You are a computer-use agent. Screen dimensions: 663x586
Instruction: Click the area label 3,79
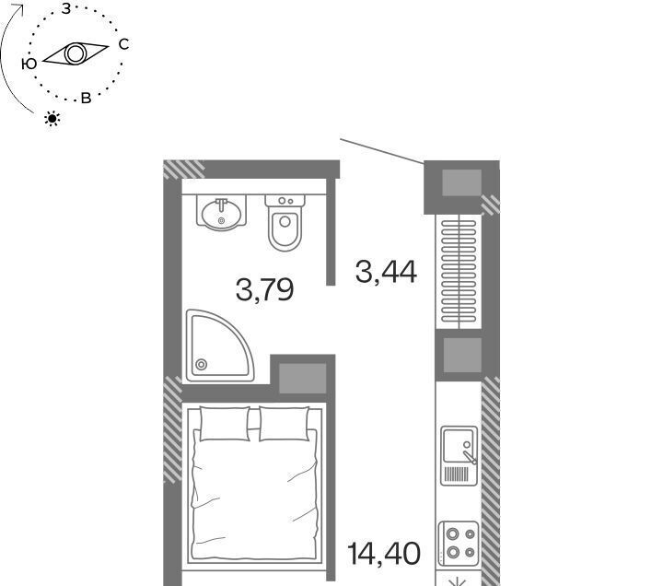point(264,290)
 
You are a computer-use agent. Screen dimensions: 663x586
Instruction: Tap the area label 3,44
point(386,272)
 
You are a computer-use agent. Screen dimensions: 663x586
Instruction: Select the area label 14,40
point(383,554)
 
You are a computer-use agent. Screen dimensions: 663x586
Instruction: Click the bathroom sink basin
point(221,215)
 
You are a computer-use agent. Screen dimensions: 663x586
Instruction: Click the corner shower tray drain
point(202,364)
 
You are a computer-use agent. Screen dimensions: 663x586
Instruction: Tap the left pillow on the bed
point(225,424)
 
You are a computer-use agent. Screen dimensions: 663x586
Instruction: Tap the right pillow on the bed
point(285,424)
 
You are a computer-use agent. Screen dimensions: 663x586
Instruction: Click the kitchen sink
point(459,456)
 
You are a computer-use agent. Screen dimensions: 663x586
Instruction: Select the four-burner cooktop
point(459,544)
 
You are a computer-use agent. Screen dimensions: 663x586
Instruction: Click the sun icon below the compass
point(52,119)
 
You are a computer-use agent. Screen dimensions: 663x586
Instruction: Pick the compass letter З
point(66,8)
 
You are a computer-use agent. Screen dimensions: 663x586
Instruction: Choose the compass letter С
point(123,44)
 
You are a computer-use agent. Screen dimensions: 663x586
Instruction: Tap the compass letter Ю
point(29,64)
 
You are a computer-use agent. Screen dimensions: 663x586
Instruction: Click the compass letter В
point(86,99)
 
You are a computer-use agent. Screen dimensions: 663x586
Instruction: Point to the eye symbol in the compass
point(76,53)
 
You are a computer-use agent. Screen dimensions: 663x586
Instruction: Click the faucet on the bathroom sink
point(221,205)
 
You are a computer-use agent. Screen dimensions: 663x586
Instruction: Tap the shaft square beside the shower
point(303,378)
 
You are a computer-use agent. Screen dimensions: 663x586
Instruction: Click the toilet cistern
point(285,201)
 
